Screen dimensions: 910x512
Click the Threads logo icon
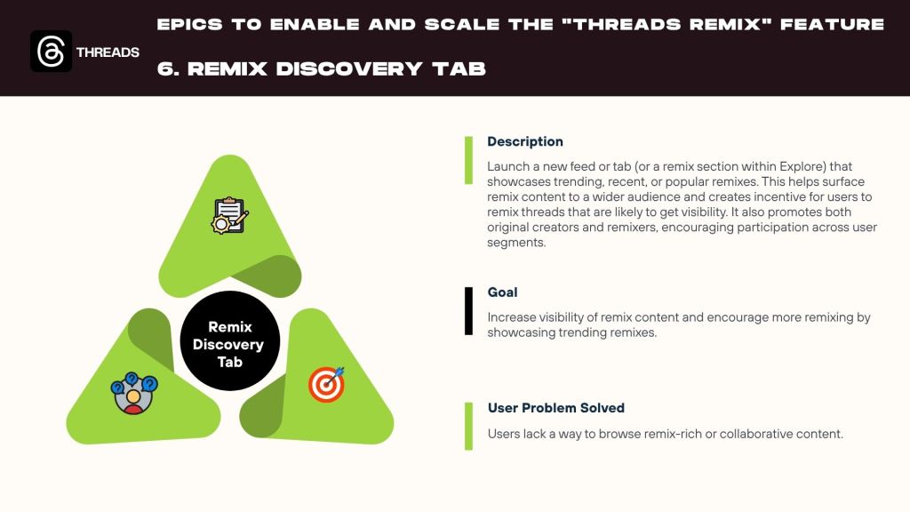click(51, 51)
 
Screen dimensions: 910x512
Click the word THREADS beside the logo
click(108, 52)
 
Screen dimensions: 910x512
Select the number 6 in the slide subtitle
click(165, 69)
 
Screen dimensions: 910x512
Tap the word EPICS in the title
click(190, 24)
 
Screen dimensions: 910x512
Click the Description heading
click(525, 141)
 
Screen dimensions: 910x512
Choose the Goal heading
click(503, 292)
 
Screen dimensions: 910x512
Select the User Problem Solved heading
click(556, 408)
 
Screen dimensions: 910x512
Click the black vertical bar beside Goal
click(468, 311)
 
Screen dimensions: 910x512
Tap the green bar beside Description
click(468, 160)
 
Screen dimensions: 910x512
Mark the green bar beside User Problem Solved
click(468, 426)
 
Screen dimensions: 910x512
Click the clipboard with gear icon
click(230, 215)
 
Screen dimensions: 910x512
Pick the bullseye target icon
click(327, 384)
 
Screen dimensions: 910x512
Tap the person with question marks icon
click(134, 393)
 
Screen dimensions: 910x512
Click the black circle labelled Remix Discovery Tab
click(230, 341)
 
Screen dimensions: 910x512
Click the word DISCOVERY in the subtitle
click(349, 69)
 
